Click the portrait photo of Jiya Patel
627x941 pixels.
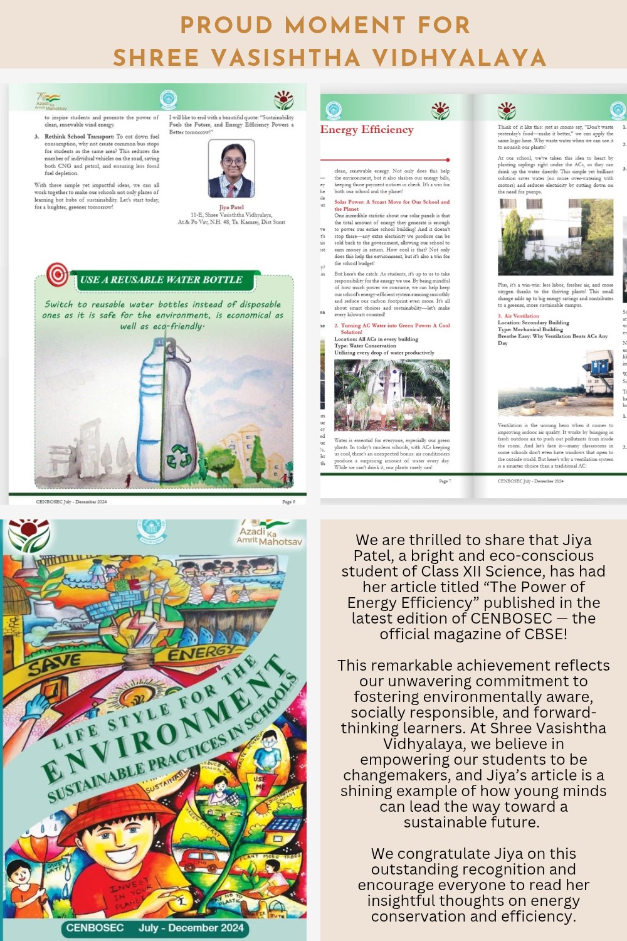tap(231, 169)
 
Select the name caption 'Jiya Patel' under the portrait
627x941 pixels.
tap(231, 207)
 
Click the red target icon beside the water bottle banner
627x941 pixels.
tap(58, 274)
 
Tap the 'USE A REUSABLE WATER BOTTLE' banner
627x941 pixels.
tap(161, 280)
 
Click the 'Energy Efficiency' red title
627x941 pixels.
tap(367, 130)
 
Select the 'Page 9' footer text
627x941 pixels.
tap(288, 502)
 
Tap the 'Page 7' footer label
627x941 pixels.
tap(445, 481)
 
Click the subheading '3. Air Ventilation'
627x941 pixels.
tap(519, 316)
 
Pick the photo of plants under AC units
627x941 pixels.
tap(392, 394)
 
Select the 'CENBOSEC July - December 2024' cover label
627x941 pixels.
tap(155, 928)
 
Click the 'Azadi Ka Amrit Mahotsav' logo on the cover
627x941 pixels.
tap(268, 533)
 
